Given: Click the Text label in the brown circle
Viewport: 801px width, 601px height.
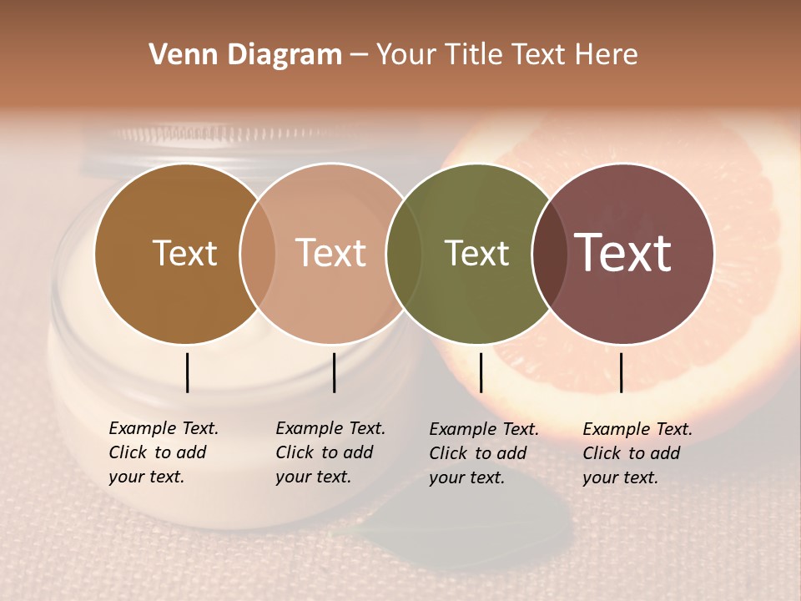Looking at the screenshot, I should pos(184,253).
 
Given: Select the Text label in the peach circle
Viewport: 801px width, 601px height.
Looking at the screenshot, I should pos(330,253).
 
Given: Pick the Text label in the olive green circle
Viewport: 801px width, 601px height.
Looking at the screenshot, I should pos(476,253).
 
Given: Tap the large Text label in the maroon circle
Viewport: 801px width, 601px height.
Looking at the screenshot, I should pos(622,253).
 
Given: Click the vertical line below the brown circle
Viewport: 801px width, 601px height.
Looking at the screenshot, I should pos(187,372).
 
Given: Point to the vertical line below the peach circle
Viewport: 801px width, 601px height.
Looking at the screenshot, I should pos(334,372).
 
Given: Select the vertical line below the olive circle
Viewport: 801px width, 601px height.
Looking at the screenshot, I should pos(481,372).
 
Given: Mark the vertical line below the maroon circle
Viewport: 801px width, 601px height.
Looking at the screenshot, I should pos(621,372).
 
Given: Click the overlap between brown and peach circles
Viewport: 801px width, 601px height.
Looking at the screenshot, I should pos(258,253).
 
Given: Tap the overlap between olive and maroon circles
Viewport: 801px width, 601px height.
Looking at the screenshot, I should pos(550,253).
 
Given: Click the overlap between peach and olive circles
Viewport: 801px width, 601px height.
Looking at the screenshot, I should pos(404,253).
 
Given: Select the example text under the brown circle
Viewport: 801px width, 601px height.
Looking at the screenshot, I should pos(164,452).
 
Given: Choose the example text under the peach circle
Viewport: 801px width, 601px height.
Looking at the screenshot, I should pos(330,452).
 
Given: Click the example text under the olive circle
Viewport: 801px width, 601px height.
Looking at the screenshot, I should pos(484,453).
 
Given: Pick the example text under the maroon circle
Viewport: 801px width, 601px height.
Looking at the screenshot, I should pos(637,453).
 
